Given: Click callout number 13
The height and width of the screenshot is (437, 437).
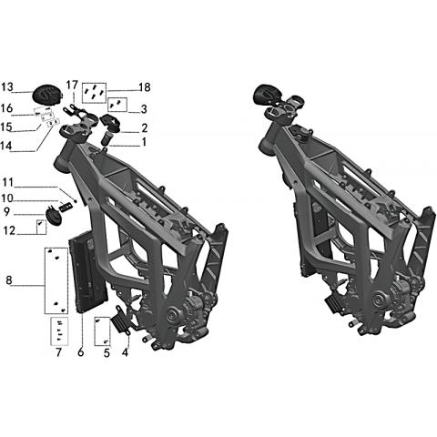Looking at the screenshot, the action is tap(7, 87).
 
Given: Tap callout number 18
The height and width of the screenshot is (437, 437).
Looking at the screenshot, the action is tap(145, 87).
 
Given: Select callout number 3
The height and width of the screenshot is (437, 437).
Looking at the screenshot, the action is tap(144, 109).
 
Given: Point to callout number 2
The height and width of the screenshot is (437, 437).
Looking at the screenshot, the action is tap(144, 128).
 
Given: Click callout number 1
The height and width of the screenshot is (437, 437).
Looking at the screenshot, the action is tap(144, 142).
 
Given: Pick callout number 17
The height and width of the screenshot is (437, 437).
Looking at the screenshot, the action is tap(72, 86).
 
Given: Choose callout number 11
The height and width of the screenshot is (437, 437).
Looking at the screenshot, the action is tap(8, 183).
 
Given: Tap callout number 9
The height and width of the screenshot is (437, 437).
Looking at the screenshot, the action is tap(6, 212).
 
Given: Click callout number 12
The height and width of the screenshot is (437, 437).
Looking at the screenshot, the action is tap(9, 230).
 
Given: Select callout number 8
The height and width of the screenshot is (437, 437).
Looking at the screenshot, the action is tap(9, 279).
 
